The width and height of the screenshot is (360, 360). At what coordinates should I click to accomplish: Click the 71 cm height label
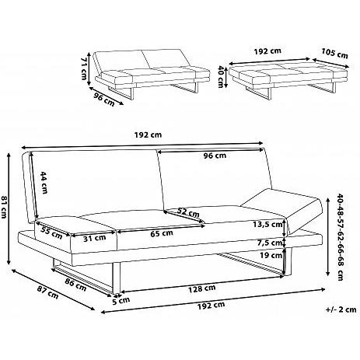84,68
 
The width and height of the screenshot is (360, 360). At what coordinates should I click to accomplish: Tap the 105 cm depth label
334,53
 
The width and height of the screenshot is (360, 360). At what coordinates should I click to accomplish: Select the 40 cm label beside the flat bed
221,77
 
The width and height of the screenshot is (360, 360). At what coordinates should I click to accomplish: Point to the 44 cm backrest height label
44,183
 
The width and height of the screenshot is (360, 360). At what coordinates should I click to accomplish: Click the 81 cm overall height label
4,207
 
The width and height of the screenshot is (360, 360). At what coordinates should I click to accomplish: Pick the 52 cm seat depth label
188,212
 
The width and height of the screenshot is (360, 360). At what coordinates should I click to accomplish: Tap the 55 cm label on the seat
51,232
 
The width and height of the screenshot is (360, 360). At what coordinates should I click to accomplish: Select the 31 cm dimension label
95,238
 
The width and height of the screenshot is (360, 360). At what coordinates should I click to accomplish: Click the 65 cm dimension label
162,233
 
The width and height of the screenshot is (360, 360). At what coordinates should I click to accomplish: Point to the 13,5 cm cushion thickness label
267,224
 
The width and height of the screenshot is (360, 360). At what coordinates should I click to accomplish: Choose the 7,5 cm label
270,243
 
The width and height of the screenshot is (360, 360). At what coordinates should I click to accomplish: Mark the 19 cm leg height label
271,255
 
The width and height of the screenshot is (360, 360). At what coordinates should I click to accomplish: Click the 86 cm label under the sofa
75,284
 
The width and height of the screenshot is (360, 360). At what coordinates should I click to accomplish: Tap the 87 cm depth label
47,292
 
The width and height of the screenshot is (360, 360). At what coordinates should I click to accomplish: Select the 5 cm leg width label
121,301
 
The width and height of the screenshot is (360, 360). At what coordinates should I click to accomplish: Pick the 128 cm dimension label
202,288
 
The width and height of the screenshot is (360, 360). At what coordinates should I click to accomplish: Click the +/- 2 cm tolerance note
341,309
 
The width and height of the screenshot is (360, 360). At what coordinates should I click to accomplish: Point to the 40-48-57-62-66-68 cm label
341,236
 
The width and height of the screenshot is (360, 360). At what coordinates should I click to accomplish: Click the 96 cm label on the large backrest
215,156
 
